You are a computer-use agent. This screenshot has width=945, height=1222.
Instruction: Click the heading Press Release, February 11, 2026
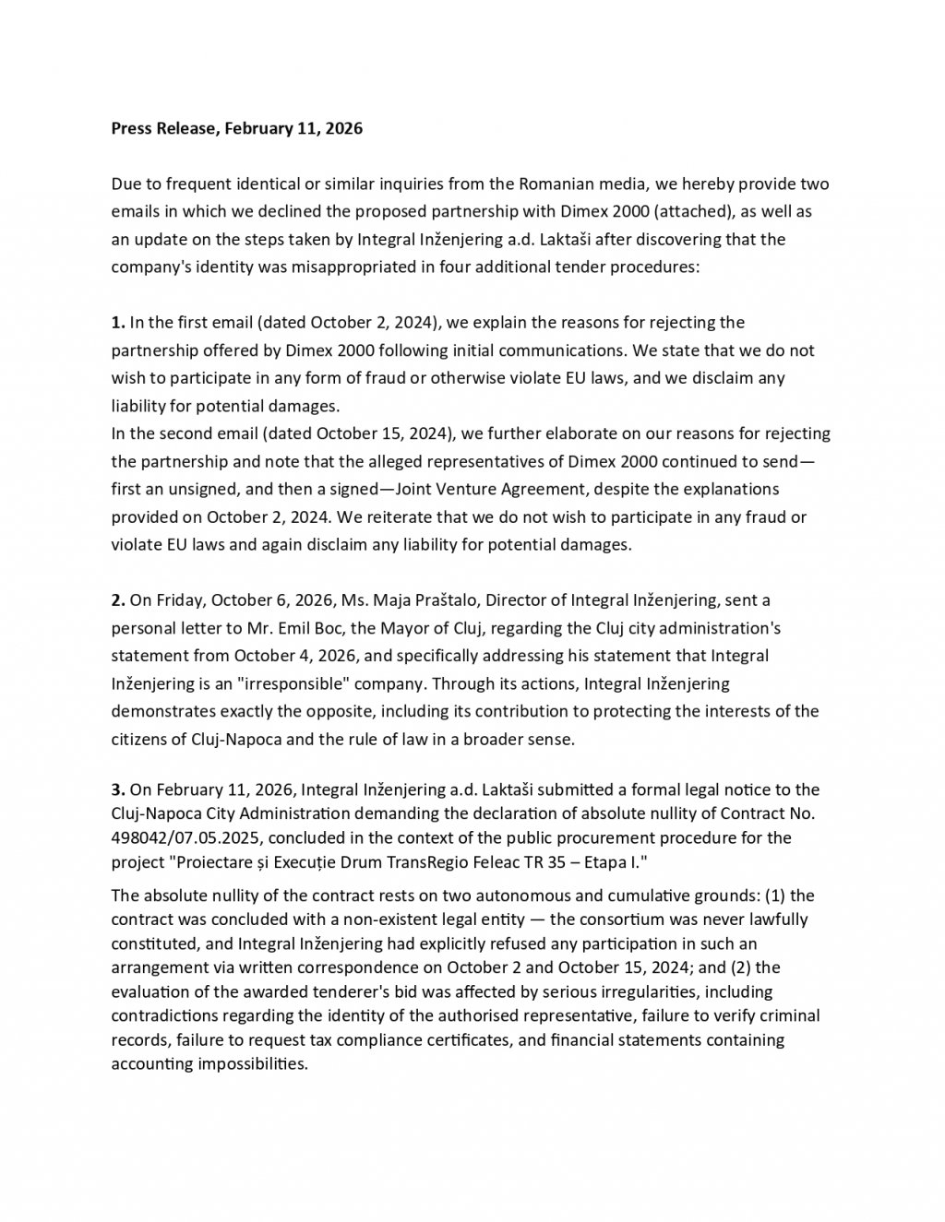pyautogui.click(x=236, y=128)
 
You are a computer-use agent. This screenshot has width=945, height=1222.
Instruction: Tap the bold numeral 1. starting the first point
pyautogui.click(x=117, y=322)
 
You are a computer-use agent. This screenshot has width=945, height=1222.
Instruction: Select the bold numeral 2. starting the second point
pyautogui.click(x=117, y=600)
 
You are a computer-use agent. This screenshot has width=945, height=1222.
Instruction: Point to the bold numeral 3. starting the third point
pyautogui.click(x=117, y=789)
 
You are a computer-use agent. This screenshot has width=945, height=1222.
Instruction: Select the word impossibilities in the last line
pyautogui.click(x=246, y=1063)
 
